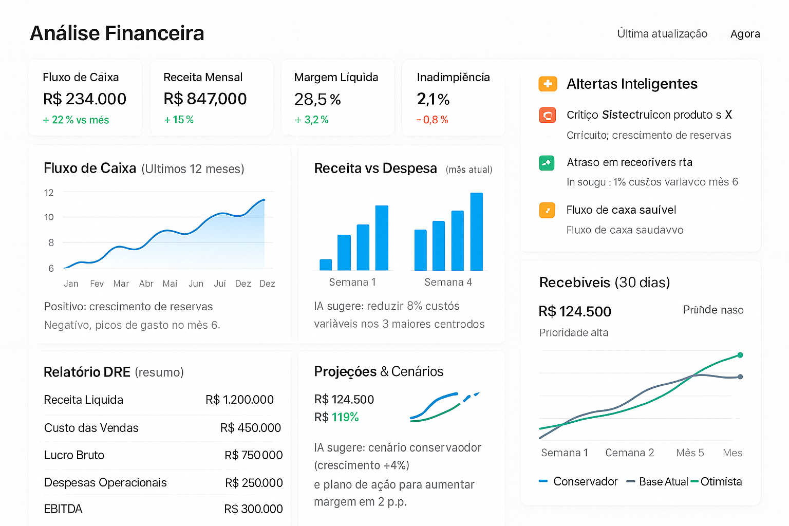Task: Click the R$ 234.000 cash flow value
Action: pos(85,99)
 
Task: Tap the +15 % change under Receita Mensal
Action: pos(179,120)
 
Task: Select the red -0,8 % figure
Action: pos(432,120)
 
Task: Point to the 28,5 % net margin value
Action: pos(317,99)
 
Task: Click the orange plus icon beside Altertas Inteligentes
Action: pos(548,84)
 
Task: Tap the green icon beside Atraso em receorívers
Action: pos(547,163)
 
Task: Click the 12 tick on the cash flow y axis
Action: pos(49,193)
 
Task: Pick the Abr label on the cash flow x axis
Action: pos(146,284)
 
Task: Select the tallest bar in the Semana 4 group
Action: pos(477,232)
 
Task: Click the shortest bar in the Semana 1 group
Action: pos(326,265)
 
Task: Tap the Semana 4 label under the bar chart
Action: pos(448,282)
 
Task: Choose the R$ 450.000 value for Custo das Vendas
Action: pos(251,428)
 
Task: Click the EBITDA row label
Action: pos(63,509)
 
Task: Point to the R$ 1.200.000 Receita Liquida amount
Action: pos(239,400)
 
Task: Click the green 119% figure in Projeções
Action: pos(345,417)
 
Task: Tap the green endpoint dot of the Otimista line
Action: pos(740,355)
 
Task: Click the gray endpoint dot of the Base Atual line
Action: pos(740,377)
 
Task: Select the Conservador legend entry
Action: pos(585,482)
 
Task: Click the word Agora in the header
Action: pos(745,34)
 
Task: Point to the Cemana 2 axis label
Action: pos(629,453)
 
